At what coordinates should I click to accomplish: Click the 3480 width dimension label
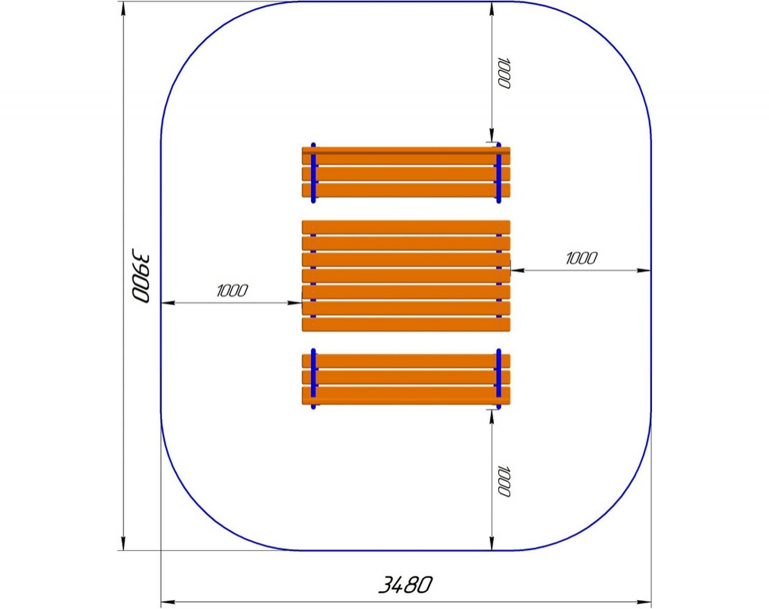(405, 585)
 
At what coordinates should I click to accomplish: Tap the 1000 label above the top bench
(504, 73)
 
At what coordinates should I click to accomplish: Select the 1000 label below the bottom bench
(504, 481)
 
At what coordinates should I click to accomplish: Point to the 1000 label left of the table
(232, 290)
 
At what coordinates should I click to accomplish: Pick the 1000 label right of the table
(581, 258)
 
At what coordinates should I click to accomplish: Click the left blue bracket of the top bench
(313, 173)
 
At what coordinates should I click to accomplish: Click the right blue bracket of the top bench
(499, 173)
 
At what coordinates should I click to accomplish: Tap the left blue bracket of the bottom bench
(313, 378)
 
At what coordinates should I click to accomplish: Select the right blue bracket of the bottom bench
(499, 378)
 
